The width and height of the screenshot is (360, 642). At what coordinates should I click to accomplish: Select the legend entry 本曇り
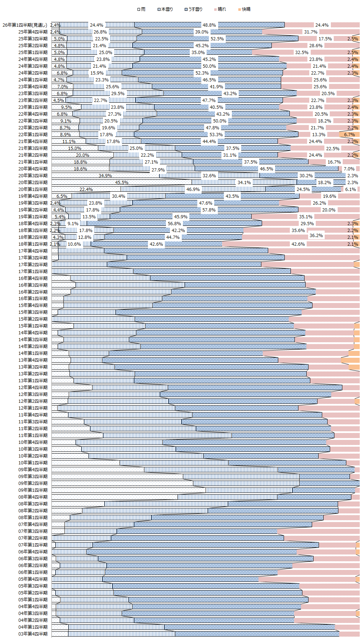(167, 9)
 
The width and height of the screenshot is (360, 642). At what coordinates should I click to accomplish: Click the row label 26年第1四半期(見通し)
(25, 25)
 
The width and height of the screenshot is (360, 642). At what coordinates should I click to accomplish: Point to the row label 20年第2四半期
(33, 183)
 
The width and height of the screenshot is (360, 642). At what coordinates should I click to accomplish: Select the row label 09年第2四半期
(33, 483)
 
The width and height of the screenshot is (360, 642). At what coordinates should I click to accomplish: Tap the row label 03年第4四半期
(33, 634)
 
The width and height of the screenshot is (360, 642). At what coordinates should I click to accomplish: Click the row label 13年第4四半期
(33, 360)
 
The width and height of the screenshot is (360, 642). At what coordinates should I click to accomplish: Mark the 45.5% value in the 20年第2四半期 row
(122, 183)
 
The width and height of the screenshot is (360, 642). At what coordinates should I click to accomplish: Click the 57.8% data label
(209, 210)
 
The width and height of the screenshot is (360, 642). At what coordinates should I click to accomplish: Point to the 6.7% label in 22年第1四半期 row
(349, 135)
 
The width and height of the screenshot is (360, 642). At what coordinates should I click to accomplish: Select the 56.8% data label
(174, 224)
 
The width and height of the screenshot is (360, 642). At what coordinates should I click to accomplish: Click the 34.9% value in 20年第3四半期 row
(105, 176)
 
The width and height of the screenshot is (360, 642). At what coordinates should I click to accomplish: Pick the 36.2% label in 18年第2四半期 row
(316, 236)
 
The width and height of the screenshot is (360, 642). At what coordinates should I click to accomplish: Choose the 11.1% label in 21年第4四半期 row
(69, 142)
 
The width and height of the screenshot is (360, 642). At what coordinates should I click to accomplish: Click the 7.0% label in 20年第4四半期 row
(349, 169)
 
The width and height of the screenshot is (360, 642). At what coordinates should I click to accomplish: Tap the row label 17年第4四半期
(33, 251)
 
